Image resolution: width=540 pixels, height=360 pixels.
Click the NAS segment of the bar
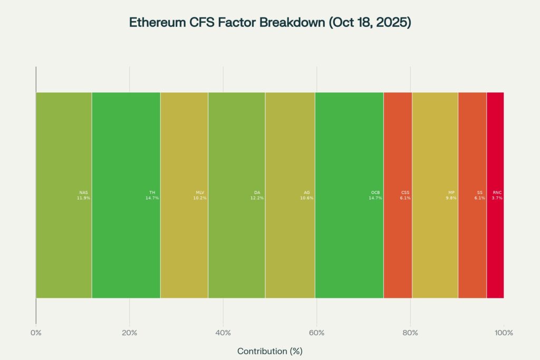pyautogui.click(x=63, y=158)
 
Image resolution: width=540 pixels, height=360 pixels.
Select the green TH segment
pyautogui.click(x=126, y=158)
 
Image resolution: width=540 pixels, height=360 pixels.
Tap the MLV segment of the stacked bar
pyautogui.click(x=184, y=158)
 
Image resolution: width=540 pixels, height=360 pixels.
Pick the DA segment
pyautogui.click(x=236, y=158)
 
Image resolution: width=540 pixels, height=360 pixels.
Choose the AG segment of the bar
pyautogui.click(x=290, y=158)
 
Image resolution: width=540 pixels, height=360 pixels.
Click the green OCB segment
pyautogui.click(x=349, y=158)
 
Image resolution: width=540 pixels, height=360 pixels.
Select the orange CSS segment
pyautogui.click(x=398, y=158)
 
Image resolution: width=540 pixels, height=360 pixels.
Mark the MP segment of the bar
pyautogui.click(x=435, y=158)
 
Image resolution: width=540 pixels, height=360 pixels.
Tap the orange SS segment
pyautogui.click(x=472, y=158)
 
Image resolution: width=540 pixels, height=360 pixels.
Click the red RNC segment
pyautogui.click(x=495, y=158)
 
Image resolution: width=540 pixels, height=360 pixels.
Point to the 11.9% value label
pyautogui.click(x=83, y=198)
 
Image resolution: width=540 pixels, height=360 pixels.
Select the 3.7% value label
pyautogui.click(x=497, y=198)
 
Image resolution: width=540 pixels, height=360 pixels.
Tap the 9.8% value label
pyautogui.click(x=451, y=198)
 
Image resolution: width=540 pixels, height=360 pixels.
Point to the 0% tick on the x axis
pyautogui.click(x=36, y=333)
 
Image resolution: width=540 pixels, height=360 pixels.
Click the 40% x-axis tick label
pyautogui.click(x=223, y=333)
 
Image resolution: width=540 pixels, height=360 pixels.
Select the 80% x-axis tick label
pyautogui.click(x=410, y=333)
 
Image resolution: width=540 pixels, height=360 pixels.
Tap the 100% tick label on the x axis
pyautogui.click(x=504, y=333)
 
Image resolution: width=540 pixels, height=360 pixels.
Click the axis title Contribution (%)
pyautogui.click(x=270, y=351)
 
